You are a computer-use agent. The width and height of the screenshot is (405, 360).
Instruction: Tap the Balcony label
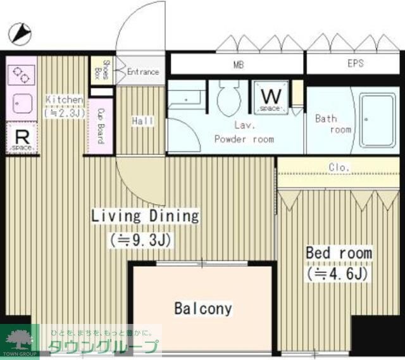[203, 309]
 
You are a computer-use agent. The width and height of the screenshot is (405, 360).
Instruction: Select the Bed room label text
[339, 253]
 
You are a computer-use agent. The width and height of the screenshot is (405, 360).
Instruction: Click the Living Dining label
[146, 216]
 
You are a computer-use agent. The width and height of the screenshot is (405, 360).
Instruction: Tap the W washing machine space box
[271, 97]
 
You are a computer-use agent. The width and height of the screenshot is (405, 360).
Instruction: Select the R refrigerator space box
[21, 138]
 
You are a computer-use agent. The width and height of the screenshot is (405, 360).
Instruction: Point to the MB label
[239, 64]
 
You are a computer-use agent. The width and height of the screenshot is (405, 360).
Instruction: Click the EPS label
[355, 64]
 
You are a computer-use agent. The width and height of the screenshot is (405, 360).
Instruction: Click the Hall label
[142, 120]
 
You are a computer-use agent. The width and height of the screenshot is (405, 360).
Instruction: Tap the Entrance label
[143, 71]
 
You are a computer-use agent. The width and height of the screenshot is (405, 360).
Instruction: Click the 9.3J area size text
[140, 240]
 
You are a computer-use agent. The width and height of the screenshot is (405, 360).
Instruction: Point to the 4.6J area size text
[337, 274]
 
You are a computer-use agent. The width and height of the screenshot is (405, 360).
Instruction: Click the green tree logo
[20, 338]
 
